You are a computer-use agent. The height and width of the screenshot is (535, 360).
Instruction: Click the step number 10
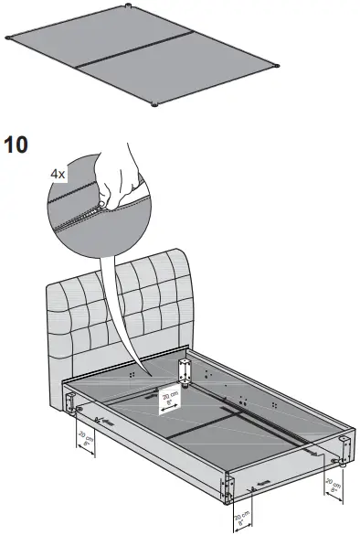coord(17,145)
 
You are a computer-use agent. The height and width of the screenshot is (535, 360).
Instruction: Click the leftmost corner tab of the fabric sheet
coord(8,38)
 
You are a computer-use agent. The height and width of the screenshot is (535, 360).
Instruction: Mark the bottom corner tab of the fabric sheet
coord(154,104)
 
